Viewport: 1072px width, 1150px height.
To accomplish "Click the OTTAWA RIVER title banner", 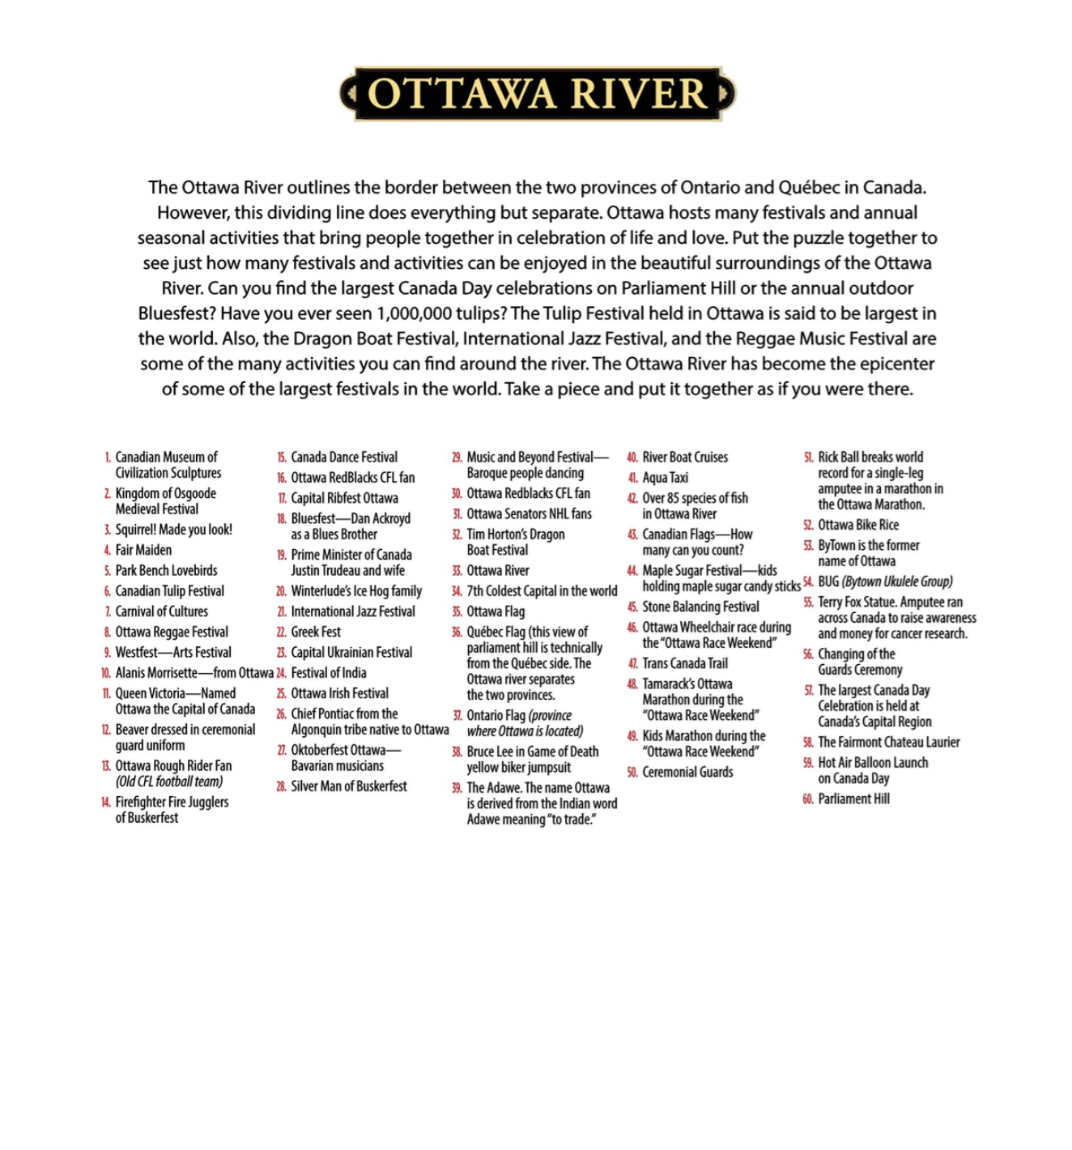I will click(538, 94).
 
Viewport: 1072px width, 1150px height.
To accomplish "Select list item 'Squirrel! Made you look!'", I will click(173, 530).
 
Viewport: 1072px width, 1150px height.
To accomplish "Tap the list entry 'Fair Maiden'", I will click(143, 550).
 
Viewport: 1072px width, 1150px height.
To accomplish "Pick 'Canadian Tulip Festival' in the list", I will click(169, 591).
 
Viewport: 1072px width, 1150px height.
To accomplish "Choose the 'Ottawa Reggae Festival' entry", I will click(172, 632).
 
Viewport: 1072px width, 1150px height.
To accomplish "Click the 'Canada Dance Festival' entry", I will click(344, 458).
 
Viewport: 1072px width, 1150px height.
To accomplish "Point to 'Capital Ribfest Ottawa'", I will click(344, 498).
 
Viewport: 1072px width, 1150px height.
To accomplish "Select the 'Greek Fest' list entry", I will click(316, 632).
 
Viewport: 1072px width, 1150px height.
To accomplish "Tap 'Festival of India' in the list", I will click(328, 673).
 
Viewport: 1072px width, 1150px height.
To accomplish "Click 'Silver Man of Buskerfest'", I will click(349, 786).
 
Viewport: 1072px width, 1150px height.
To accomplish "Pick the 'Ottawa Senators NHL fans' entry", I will click(529, 513).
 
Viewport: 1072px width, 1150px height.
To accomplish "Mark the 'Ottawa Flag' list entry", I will click(496, 611).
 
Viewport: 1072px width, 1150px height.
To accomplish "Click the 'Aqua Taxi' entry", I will click(665, 478).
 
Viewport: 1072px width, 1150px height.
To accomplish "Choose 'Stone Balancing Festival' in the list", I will click(700, 607).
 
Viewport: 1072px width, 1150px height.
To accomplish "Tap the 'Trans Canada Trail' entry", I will click(685, 663).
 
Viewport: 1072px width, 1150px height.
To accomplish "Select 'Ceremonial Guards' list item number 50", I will click(687, 772).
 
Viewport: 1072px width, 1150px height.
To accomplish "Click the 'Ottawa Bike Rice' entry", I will click(858, 525).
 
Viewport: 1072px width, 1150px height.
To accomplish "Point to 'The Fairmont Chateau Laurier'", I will click(888, 742).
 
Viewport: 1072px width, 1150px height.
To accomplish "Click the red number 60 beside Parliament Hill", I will click(808, 799).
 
